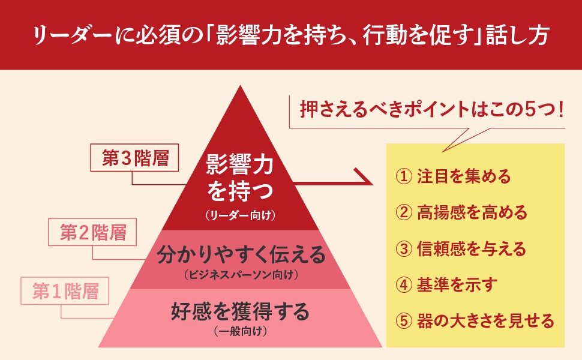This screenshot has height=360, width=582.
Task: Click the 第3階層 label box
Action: [135, 158]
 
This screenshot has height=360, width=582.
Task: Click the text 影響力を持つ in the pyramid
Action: [240, 177]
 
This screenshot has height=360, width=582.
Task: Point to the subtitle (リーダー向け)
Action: [240, 214]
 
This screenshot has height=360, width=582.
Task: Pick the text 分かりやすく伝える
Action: [241, 256]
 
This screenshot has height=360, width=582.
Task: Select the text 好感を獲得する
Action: [240, 312]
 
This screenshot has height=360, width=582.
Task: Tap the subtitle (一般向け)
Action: [240, 331]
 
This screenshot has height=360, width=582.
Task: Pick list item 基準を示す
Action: [457, 284]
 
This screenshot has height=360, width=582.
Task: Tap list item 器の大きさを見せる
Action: [485, 321]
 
